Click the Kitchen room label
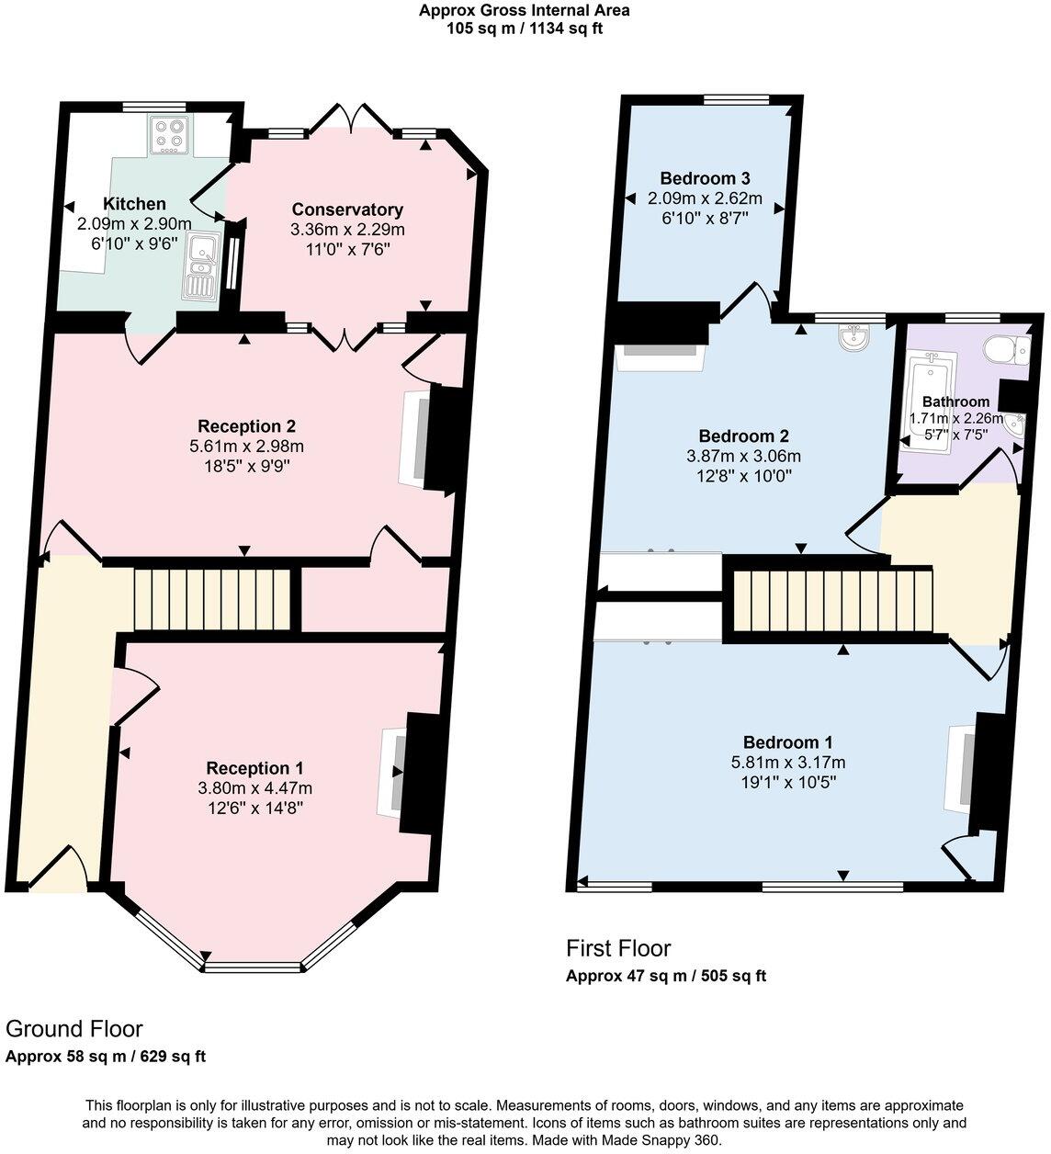coord(134,204)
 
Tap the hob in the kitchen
coord(169,135)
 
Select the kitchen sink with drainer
coord(199,267)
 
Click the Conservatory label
coord(347,209)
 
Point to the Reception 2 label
coord(246,426)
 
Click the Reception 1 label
coord(254,768)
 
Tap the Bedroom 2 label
coord(743,436)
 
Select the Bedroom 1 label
coord(787,742)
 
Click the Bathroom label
coord(955,402)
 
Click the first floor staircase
coord(832,600)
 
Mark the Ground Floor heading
coord(74,1028)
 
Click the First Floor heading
coord(618,948)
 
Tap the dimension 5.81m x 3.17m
coord(787,763)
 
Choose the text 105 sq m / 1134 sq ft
coord(525,28)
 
